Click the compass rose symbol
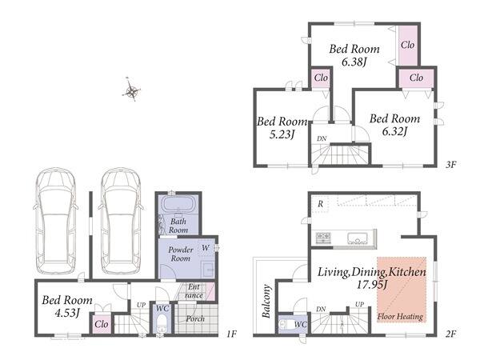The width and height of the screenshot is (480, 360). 131,90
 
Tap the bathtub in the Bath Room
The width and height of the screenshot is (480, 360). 178,203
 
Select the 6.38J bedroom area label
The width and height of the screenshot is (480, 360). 354,62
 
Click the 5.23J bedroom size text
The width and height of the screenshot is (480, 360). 282,134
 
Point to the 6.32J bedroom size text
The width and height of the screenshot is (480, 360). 394,132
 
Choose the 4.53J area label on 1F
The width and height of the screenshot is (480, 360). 67,313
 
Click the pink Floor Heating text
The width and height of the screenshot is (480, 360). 400,316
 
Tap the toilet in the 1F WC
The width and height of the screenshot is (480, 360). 162,323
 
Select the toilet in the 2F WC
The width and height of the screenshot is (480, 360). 287,325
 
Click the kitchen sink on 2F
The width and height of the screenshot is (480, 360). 358,238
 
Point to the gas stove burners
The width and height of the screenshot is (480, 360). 323,238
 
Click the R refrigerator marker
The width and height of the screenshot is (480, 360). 320,204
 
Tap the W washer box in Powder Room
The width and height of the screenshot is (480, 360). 206,248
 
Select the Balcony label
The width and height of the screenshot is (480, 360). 266,301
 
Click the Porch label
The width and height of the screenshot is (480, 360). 195,318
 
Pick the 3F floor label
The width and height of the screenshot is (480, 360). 451,164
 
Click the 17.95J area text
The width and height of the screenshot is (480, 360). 372,285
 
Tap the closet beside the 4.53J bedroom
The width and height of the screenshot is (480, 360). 102,324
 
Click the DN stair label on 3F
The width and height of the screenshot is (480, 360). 322,138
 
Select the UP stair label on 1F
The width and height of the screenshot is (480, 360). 141,305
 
